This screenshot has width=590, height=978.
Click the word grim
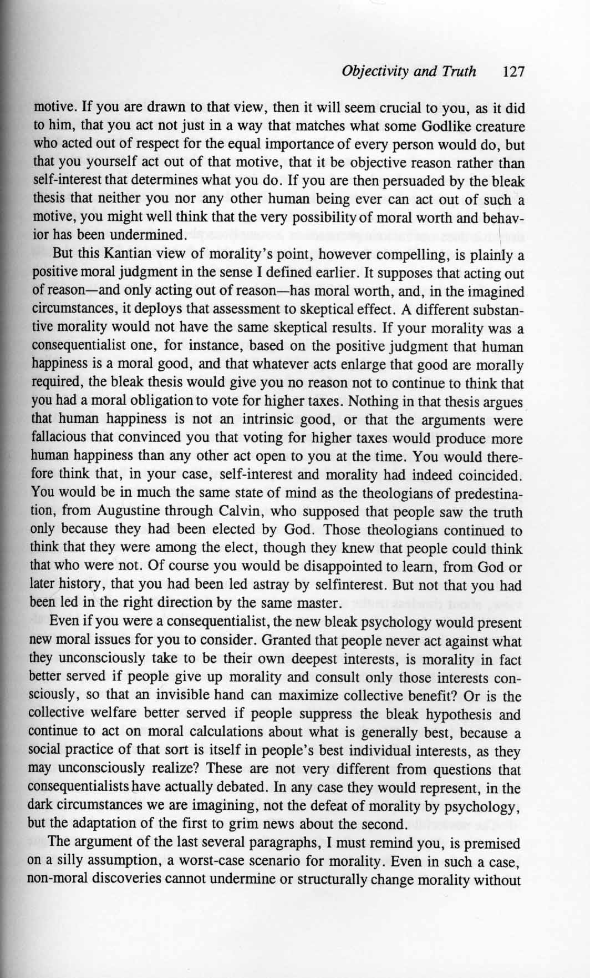(250, 824)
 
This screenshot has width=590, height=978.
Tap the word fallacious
(64, 438)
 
